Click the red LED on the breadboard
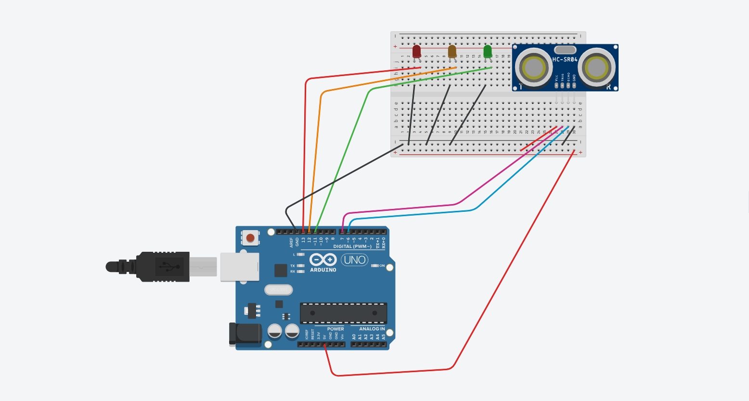pos(417,51)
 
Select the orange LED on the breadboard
pos(452,51)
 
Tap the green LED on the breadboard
pos(488,51)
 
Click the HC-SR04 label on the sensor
pos(565,60)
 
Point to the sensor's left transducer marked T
pos(533,68)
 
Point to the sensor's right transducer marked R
pos(597,68)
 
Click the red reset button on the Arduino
pos(250,237)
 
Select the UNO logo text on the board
pos(355,260)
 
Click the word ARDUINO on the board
pos(323,270)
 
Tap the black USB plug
pos(154,267)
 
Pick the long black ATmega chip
pos(343,313)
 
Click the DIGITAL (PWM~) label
pos(352,246)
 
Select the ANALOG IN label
pos(372,329)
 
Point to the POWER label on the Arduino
pos(336,329)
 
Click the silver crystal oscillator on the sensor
pos(565,50)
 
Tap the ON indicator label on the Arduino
pos(382,266)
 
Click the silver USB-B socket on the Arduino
pos(239,267)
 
